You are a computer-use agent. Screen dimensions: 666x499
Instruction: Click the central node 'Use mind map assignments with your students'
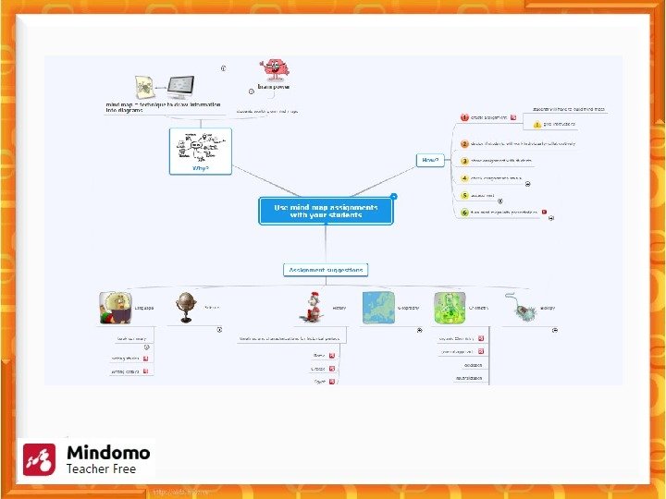coord(327,212)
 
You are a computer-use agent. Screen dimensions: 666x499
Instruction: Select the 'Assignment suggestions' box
coord(326,270)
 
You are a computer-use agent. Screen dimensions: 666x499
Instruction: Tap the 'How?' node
coord(430,160)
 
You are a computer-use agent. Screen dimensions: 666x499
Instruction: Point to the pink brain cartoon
coord(273,70)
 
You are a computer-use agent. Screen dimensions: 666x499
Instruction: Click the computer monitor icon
coord(179,88)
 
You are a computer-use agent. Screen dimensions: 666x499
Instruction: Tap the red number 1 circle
coord(464,117)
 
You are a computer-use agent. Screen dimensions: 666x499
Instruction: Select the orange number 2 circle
coord(464,143)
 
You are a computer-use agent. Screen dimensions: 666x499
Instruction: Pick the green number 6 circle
coord(464,212)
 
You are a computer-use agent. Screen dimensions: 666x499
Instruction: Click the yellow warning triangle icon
coord(536,124)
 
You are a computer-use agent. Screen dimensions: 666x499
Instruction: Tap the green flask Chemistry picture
coord(450,308)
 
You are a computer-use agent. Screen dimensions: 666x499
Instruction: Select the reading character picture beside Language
coord(116,308)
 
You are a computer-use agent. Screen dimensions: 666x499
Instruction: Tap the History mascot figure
coord(314,308)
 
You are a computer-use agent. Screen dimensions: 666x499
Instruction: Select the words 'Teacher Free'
coord(101,469)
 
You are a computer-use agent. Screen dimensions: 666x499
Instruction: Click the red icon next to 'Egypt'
coord(332,381)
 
